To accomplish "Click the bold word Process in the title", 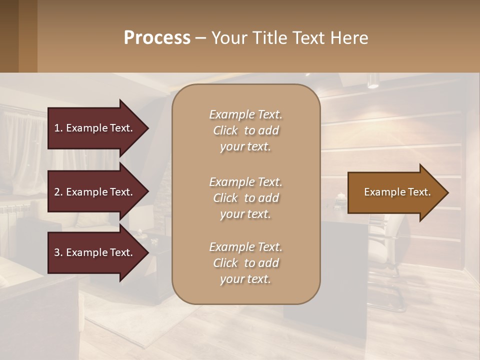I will [157, 38].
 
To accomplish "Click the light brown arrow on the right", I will [395, 192].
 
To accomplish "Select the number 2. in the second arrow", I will [58, 192].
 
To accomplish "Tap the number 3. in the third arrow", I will [58, 252].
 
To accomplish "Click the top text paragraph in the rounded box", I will [245, 130].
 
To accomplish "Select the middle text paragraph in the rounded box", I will [245, 198].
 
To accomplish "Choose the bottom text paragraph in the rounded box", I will [245, 263].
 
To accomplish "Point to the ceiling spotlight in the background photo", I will [372, 81].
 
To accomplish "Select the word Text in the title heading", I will [311, 38].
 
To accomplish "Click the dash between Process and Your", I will [201, 38].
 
